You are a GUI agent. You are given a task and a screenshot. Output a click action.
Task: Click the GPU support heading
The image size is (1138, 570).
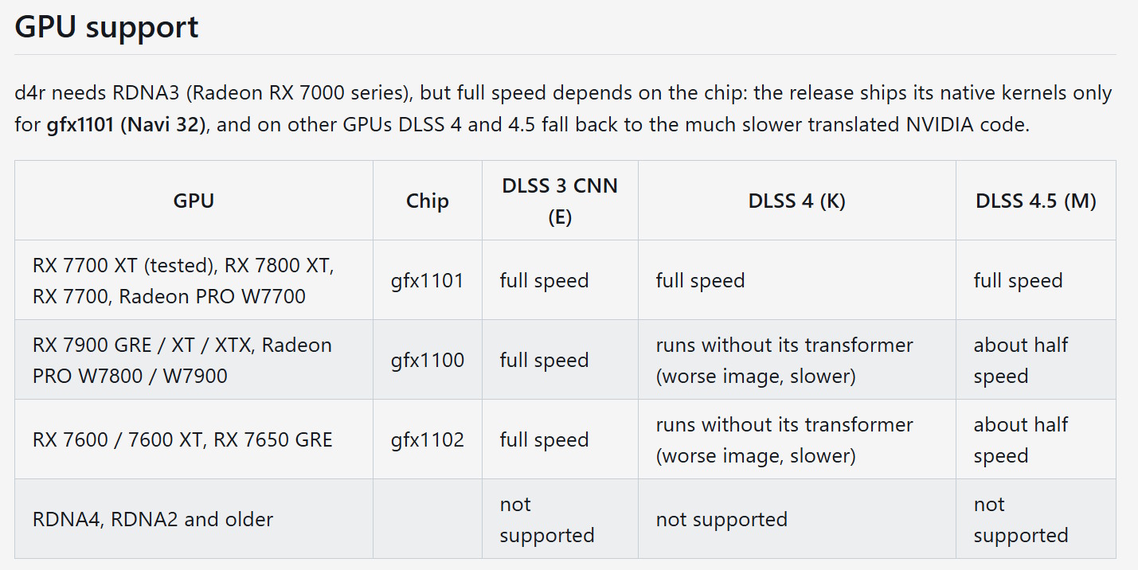(x=106, y=27)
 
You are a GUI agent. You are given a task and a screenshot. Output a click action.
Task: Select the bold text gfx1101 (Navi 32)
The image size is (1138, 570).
(x=126, y=124)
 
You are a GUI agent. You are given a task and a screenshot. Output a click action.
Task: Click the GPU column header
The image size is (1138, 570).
(x=194, y=201)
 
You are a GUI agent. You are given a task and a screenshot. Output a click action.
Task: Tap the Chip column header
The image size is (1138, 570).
(x=428, y=201)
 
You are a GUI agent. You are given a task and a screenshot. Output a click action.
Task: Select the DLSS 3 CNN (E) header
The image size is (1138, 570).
(x=560, y=201)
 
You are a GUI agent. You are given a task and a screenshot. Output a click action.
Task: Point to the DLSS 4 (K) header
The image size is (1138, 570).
(x=796, y=201)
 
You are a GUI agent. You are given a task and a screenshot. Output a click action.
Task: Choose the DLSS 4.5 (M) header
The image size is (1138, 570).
(x=1036, y=201)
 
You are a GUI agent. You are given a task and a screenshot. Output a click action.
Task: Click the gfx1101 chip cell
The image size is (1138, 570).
(x=428, y=280)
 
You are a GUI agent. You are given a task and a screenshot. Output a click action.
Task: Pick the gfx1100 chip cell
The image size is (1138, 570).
(x=428, y=360)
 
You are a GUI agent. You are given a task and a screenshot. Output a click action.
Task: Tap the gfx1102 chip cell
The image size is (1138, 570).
(x=428, y=440)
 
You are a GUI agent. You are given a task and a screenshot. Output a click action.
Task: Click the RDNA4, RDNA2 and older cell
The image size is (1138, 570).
(x=152, y=519)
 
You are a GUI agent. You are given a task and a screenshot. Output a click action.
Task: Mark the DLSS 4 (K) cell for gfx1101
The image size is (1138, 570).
(x=700, y=280)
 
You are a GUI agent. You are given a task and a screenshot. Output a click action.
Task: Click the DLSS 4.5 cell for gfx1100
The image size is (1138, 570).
(x=1021, y=360)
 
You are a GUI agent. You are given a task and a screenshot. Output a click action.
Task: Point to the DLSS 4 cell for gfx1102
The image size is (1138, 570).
(x=784, y=440)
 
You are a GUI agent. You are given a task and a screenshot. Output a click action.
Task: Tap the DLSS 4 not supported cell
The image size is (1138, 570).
(x=722, y=519)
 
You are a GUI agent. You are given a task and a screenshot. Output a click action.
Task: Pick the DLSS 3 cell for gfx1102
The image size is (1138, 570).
(x=544, y=440)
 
